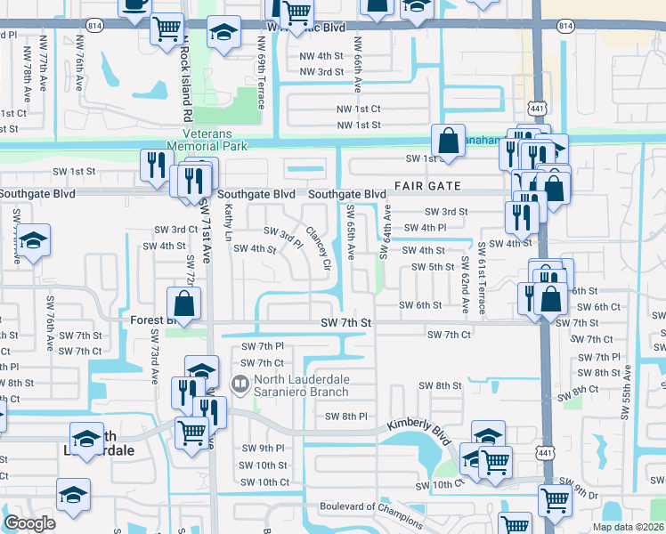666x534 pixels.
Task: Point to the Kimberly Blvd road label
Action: pyautogui.click(x=418, y=428)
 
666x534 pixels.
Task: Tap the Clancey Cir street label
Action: pyautogui.click(x=319, y=250)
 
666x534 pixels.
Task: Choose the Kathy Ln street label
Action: pyautogui.click(x=229, y=222)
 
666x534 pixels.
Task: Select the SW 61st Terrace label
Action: pyautogui.click(x=483, y=278)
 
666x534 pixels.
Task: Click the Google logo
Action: pyautogui.click(x=29, y=523)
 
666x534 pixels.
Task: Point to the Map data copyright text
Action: pyautogui.click(x=628, y=527)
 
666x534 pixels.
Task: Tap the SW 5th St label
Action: pyautogui.click(x=433, y=267)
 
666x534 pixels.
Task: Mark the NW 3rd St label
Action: pyautogui.click(x=321, y=72)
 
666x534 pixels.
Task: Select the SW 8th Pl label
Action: pyautogui.click(x=346, y=417)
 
